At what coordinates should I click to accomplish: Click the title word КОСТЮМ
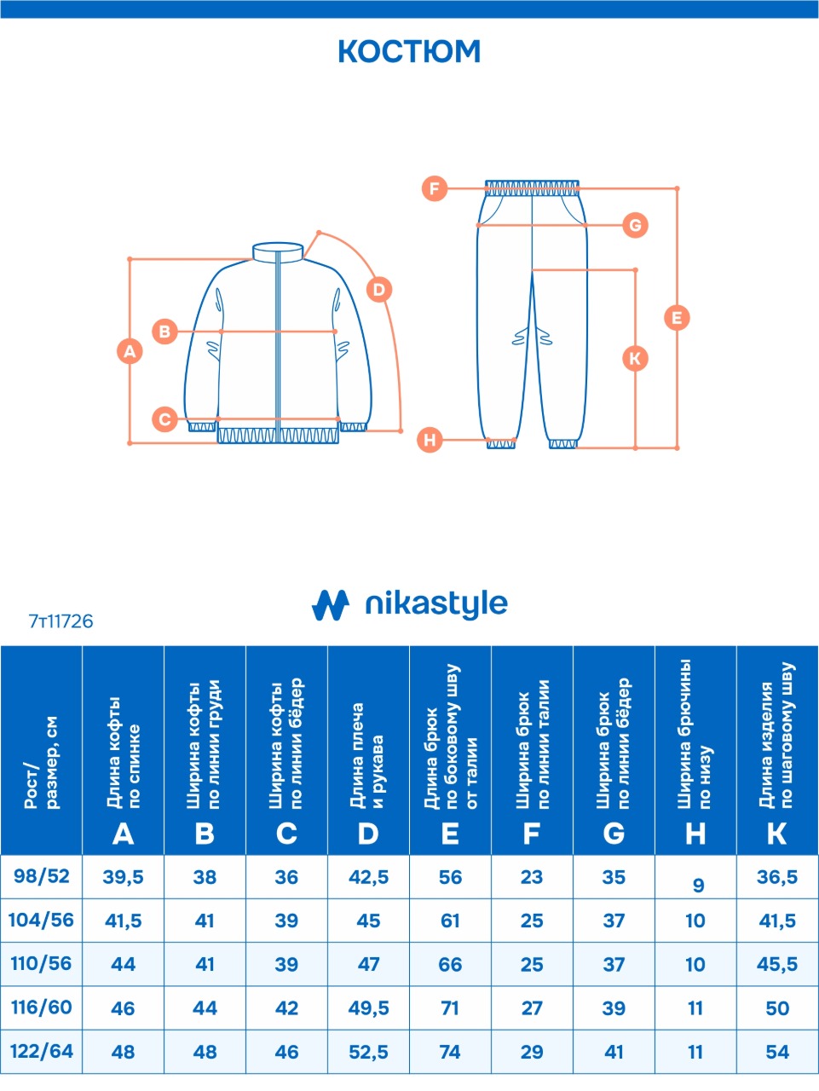click(x=409, y=51)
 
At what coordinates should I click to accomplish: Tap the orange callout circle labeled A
click(x=130, y=351)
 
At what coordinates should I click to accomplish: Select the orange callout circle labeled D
click(x=379, y=290)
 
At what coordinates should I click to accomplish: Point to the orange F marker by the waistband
click(x=435, y=188)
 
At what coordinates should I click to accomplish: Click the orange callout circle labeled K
click(x=635, y=358)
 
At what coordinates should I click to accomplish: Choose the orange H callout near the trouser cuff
click(x=430, y=440)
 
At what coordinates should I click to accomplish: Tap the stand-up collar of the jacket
click(x=278, y=251)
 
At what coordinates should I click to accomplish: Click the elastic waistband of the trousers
click(x=533, y=188)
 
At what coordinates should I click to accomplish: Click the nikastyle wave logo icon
click(x=331, y=605)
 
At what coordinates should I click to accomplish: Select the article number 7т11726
click(x=61, y=621)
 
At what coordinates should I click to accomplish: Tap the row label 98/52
click(x=42, y=876)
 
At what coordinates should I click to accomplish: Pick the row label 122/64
click(x=42, y=1051)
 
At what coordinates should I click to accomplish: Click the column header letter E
click(x=450, y=834)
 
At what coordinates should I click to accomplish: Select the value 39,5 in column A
click(x=124, y=878)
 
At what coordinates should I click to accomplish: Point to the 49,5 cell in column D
click(x=368, y=1008)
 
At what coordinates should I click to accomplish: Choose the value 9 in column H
click(x=698, y=885)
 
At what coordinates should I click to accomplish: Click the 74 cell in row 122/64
click(x=450, y=1052)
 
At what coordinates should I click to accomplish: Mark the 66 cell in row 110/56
click(x=450, y=965)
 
